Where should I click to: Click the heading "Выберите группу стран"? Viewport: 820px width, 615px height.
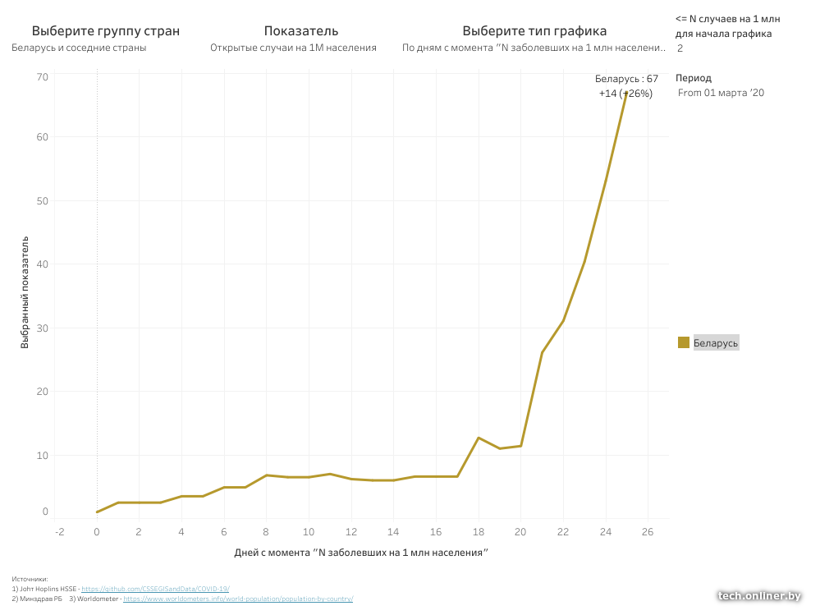tap(105, 31)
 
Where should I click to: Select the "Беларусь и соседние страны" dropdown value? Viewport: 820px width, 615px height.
tap(79, 48)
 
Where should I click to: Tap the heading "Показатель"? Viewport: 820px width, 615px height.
tap(293, 31)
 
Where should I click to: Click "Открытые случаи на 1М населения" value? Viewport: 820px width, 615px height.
tap(293, 48)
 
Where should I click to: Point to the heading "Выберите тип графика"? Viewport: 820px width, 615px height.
tap(534, 31)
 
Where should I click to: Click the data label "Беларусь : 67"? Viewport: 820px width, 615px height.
tap(626, 79)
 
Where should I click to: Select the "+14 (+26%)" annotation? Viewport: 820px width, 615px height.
tap(625, 94)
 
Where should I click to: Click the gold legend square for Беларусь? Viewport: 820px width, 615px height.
tap(683, 342)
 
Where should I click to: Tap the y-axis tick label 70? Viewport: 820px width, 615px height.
tap(42, 77)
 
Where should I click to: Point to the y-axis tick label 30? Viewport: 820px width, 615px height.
tap(42, 328)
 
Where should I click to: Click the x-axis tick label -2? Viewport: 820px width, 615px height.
tap(59, 532)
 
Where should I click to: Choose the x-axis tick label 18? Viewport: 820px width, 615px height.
tap(479, 532)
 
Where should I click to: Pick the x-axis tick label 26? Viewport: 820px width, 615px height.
tap(648, 532)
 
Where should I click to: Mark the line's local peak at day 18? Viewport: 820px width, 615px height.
tap(479, 438)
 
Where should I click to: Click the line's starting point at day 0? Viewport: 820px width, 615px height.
tap(98, 512)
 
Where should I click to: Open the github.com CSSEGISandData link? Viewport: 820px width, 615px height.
tap(155, 589)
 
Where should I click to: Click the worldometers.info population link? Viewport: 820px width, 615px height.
tap(238, 599)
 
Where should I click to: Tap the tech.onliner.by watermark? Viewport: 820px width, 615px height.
tap(758, 596)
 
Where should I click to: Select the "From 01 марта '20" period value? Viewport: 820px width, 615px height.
tap(721, 93)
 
